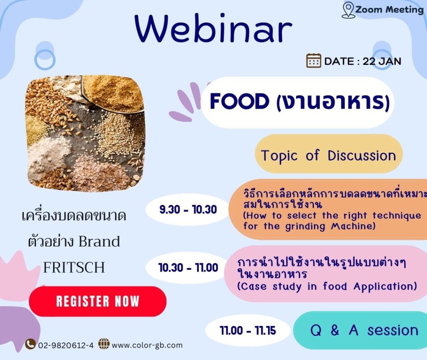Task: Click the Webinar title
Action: [213, 29]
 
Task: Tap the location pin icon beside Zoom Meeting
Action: [348, 10]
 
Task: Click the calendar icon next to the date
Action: [314, 61]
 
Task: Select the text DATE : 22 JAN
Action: [362, 61]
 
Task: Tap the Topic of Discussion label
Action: [328, 155]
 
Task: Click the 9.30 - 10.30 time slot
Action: [188, 209]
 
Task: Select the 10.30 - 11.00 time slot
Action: [188, 267]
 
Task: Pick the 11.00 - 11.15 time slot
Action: [248, 331]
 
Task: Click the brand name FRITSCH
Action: [74, 267]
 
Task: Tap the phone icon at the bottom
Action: [30, 344]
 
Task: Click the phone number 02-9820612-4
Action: [66, 345]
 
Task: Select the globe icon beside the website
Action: [103, 344]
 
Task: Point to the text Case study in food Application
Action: [327, 287]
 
